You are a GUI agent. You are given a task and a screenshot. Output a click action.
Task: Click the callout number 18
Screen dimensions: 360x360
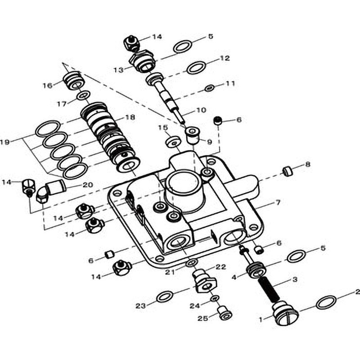(130, 117)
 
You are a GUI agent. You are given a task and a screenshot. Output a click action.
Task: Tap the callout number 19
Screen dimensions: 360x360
(5, 142)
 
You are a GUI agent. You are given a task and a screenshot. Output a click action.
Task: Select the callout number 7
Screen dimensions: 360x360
(278, 203)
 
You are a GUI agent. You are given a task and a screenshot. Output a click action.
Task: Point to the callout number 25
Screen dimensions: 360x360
(203, 319)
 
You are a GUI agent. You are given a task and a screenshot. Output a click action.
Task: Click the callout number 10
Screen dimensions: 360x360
(201, 110)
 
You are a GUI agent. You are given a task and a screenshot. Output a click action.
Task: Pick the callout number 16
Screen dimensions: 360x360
(48, 85)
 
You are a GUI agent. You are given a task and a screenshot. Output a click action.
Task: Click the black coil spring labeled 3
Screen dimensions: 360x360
(269, 289)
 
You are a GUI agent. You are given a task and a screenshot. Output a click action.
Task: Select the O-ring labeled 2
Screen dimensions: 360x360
(326, 302)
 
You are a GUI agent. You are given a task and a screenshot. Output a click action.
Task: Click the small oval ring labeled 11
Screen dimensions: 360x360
(209, 88)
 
